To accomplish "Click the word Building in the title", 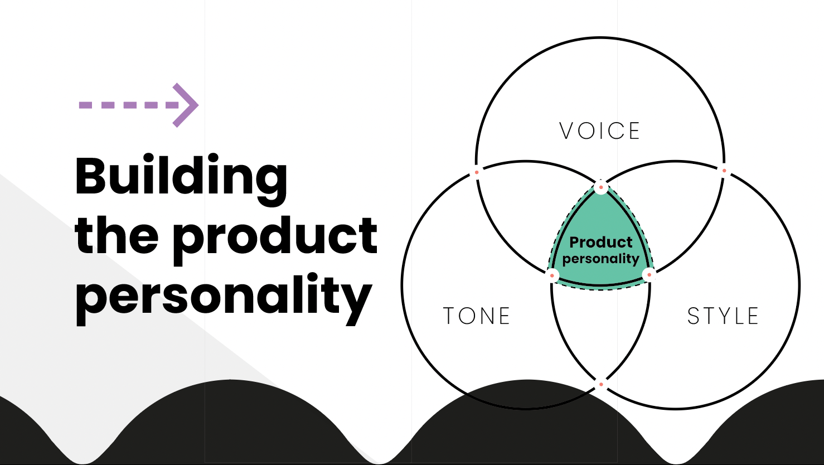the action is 181,179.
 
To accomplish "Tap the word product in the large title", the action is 275,239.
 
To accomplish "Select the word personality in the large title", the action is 224,298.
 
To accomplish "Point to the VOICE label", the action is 600,131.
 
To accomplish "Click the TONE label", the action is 477,316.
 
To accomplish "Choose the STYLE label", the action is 723,316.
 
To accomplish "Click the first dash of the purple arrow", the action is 85,105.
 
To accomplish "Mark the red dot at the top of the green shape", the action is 600,187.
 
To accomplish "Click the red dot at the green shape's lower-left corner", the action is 552,275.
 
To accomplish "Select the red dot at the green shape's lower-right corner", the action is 649,275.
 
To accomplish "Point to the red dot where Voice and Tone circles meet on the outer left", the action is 477,172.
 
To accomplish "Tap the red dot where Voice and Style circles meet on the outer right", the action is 724,171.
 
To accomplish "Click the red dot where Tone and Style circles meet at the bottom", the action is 601,385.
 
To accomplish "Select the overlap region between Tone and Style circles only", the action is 600,331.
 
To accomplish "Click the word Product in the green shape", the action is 600,243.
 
